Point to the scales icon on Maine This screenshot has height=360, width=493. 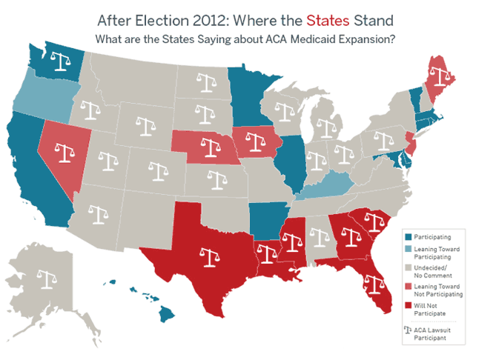(x=443, y=77)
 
